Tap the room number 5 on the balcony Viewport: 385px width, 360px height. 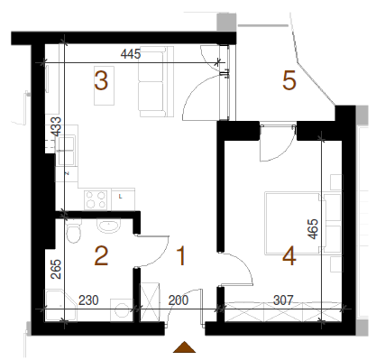289,80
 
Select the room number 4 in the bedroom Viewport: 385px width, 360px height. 289,256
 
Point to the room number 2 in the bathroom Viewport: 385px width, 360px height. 101,256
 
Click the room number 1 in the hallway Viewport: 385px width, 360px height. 181,256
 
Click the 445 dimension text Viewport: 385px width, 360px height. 131,54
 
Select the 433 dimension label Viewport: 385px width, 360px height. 56,126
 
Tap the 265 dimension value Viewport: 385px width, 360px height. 56,269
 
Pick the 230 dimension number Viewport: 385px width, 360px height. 88,300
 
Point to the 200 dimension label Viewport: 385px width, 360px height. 179,300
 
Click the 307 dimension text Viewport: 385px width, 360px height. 283,300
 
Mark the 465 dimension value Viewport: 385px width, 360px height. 313,229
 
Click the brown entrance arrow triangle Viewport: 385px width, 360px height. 184,347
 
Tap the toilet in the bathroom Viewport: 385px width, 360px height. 74,231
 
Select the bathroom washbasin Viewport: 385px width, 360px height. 108,226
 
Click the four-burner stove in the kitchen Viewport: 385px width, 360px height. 96,199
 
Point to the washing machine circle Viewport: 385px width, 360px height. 122,310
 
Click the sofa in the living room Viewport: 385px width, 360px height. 156,81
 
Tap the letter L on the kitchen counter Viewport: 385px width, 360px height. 121,197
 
